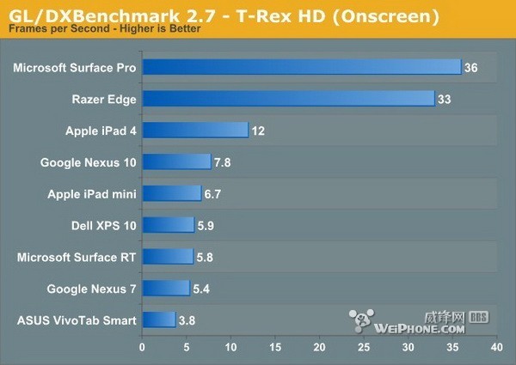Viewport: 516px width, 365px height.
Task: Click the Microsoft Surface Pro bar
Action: (301, 67)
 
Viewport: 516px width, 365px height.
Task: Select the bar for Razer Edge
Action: (288, 99)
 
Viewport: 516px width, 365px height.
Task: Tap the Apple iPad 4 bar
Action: (195, 131)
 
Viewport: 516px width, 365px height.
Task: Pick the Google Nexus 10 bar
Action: (176, 161)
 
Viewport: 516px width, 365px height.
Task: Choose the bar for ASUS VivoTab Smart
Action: (158, 320)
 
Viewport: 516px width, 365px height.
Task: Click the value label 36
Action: (470, 67)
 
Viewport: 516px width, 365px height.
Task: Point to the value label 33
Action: (444, 99)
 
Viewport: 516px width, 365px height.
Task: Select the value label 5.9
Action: (206, 225)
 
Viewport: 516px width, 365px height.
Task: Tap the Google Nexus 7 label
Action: (91, 289)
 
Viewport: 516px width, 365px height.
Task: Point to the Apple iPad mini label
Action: (92, 193)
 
